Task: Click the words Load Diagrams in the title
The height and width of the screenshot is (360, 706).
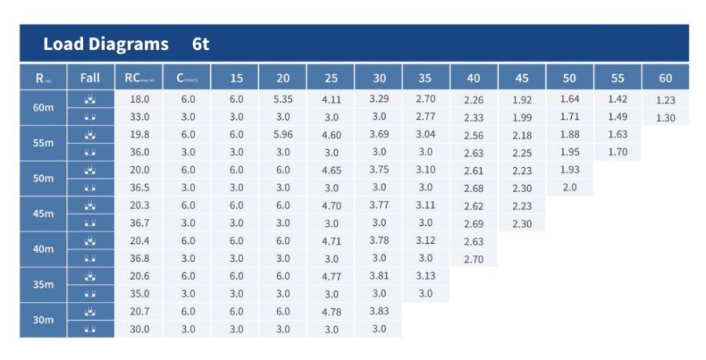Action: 105,44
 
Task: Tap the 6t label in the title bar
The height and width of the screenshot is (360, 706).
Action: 201,44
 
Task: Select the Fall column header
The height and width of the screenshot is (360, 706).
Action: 90,78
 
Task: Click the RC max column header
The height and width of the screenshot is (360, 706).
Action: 139,78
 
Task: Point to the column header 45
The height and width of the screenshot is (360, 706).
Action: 522,78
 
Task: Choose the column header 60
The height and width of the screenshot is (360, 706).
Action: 665,78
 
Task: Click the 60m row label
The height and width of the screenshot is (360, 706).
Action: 43,107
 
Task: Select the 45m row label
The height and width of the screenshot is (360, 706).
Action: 43,214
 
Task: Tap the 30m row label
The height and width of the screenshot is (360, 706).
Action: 43,320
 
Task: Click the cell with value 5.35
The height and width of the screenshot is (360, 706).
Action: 282,99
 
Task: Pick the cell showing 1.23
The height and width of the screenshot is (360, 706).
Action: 665,100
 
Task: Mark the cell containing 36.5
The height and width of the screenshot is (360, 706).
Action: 139,187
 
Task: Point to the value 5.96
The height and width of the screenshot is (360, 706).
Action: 282,134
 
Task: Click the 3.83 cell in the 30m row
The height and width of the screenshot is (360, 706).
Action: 379,311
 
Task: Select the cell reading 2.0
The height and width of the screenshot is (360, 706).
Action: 570,187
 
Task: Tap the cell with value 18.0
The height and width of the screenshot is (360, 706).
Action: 139,99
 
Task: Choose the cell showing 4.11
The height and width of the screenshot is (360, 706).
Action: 331,100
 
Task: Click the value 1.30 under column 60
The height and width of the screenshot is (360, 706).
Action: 665,118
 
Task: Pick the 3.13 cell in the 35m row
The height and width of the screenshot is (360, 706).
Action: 426,276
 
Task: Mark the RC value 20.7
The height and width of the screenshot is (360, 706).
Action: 139,311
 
